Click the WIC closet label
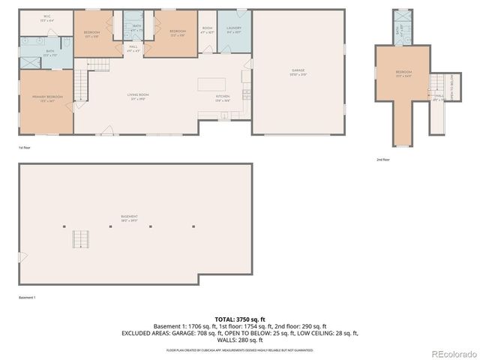click(x=47, y=16)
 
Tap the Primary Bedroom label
click(x=47, y=97)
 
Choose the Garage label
click(x=298, y=72)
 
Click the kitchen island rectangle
click(x=211, y=84)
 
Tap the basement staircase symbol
click(x=79, y=240)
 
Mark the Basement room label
click(x=129, y=219)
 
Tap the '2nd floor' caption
click(x=384, y=160)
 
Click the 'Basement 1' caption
click(x=28, y=298)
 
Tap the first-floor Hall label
click(x=133, y=48)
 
